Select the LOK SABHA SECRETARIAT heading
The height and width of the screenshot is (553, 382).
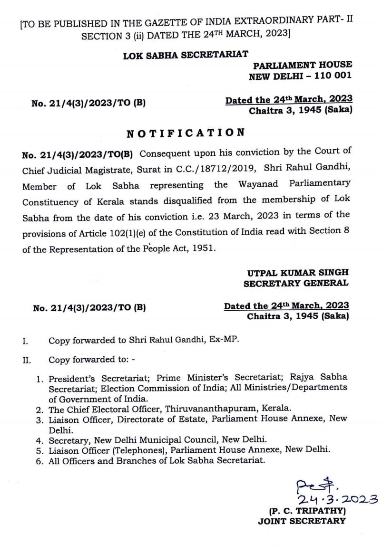coord(185,55)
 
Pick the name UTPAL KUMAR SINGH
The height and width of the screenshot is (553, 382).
coord(298,273)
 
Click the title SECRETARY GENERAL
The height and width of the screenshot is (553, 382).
coord(296,284)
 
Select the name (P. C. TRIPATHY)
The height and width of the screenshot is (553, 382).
coord(307,511)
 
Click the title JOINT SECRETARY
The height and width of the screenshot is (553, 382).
coord(302,522)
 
